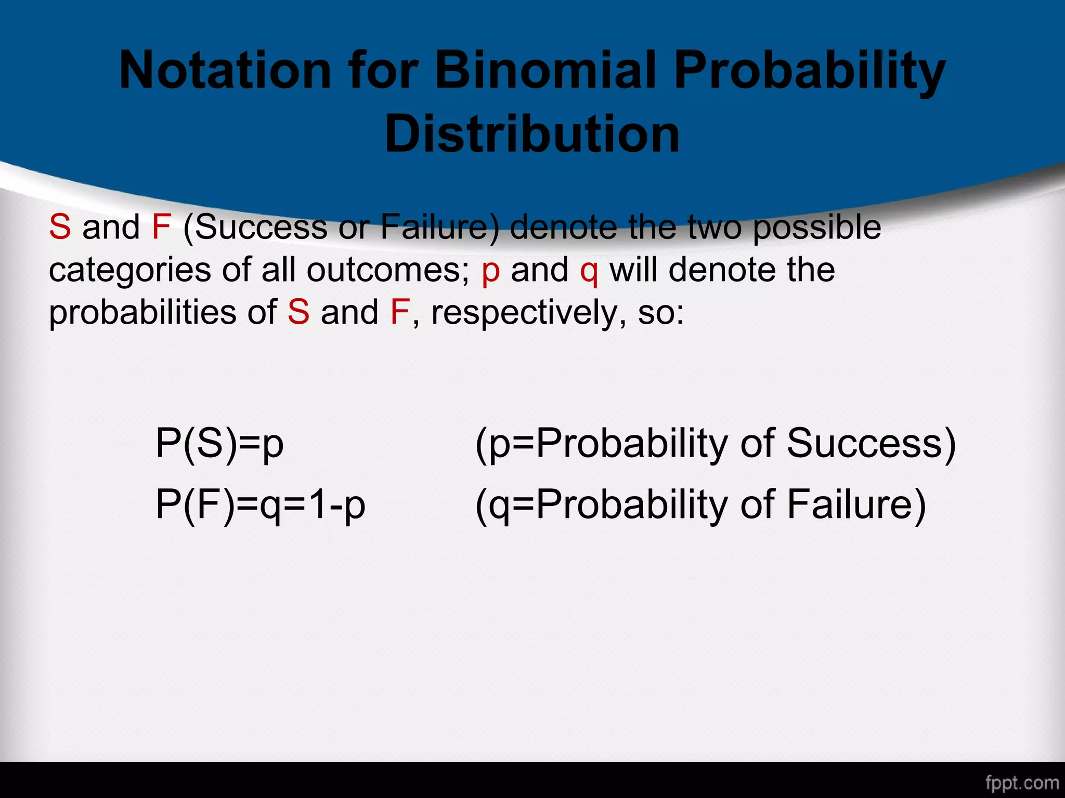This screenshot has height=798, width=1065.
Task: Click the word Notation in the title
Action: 225,70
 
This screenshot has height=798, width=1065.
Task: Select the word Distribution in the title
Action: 532,134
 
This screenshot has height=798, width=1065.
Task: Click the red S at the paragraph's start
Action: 60,227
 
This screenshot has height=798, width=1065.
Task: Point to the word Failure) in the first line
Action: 440,227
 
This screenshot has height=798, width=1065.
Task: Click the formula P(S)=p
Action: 219,443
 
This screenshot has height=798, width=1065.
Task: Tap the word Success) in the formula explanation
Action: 871,443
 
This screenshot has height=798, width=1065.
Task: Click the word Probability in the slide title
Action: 809,70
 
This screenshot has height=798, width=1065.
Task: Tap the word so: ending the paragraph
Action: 661,313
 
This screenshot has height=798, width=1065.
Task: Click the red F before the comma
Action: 400,312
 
